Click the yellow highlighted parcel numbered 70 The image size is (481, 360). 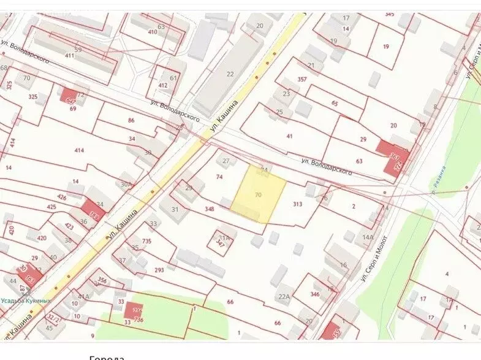tap(258, 194)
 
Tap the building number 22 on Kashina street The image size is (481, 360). tap(230, 74)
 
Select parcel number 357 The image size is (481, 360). tap(301, 79)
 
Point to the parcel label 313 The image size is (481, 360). tap(298, 204)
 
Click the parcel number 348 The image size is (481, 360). tap(211, 210)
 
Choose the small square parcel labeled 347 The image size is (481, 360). tap(222, 243)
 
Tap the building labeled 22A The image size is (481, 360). tap(283, 297)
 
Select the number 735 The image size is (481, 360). tap(146, 242)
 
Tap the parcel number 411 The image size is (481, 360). tap(69, 56)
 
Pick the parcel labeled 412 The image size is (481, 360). tap(162, 85)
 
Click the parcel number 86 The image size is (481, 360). tap(131, 120)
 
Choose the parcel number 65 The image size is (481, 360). tap(335, 104)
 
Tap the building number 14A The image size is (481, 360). tap(368, 237)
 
